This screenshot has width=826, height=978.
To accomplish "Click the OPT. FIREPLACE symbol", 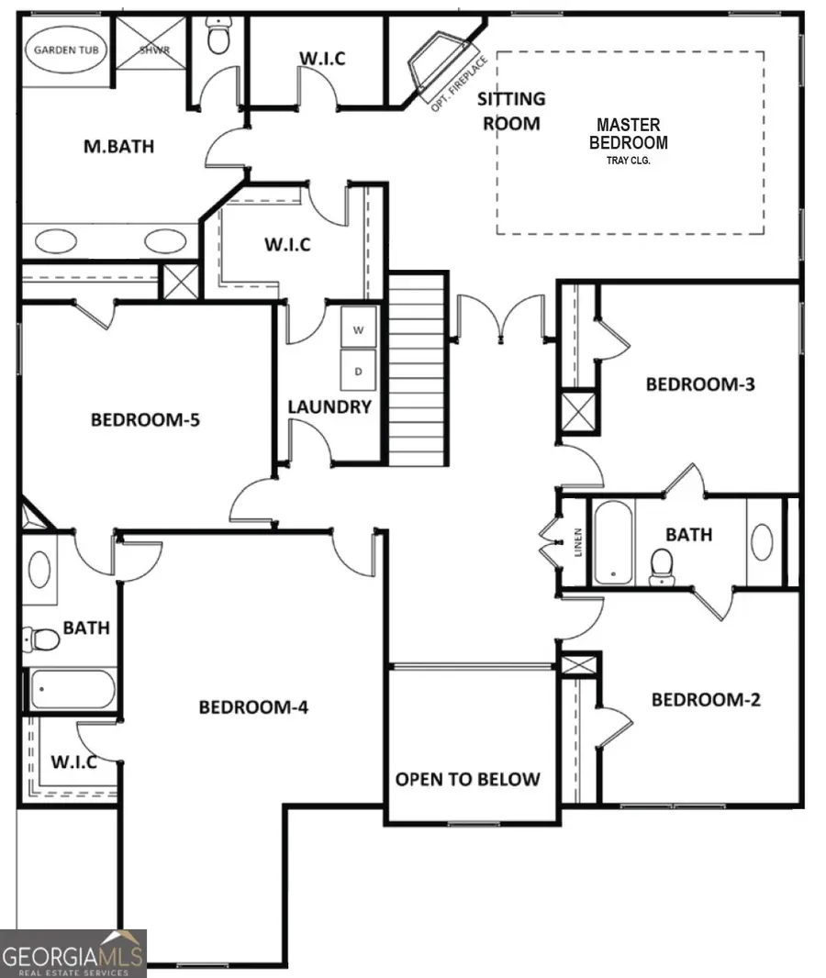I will pos(438,68).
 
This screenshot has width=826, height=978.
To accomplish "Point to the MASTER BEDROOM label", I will pos(628,133).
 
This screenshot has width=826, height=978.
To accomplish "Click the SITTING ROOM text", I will pos(513,110).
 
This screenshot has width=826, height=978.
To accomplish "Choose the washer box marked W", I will pos(359,328).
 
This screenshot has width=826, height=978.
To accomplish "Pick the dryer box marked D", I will pos(359,372).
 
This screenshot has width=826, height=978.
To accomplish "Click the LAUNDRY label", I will pos(329,406).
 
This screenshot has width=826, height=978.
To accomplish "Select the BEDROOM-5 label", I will pos(145,420).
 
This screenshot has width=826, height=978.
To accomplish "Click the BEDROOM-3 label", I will pos(700,383).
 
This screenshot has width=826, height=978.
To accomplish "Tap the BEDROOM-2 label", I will pos(706,700).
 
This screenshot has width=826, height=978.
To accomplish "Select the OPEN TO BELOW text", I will pos(468,779).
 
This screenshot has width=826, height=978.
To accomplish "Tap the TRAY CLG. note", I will pos(628,161).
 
